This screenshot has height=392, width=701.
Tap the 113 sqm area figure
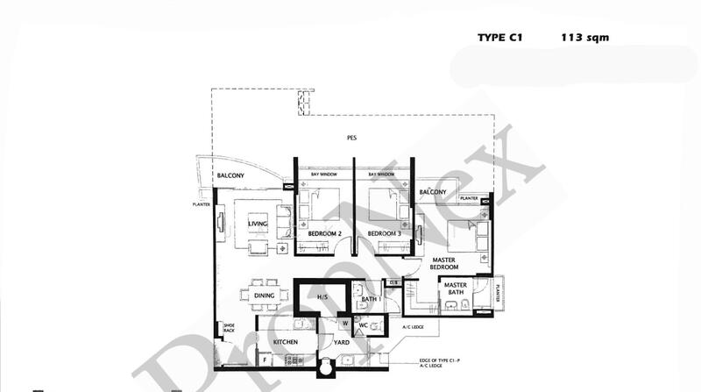585,38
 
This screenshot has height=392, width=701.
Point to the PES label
350,139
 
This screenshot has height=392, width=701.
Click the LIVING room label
258,225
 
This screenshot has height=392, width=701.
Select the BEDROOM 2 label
324,234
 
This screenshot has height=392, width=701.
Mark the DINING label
265,296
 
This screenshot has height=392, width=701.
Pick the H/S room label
322,298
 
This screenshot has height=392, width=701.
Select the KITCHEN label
287,341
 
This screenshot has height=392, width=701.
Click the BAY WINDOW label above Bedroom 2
324,175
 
